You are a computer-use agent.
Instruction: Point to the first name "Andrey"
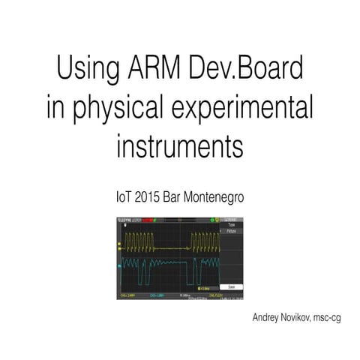pos(271,318)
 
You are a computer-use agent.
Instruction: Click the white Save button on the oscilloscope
pos(231,286)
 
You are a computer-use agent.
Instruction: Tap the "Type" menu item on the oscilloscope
pos(231,225)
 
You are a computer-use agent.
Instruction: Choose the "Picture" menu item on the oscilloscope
pos(231,232)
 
